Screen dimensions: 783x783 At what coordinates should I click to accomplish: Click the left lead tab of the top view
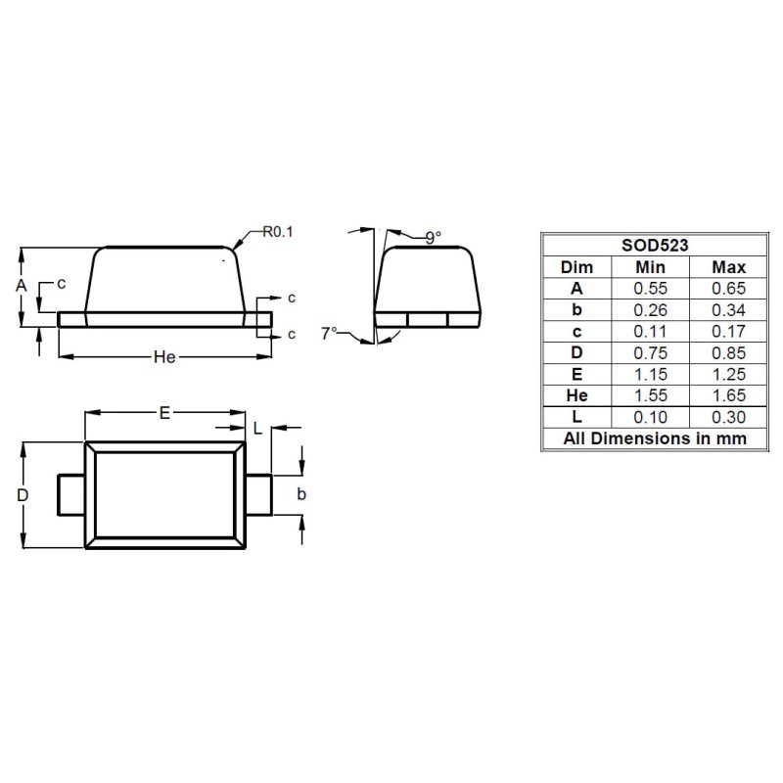(x=71, y=493)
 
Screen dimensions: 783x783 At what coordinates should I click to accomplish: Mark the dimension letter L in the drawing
(x=256, y=429)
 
